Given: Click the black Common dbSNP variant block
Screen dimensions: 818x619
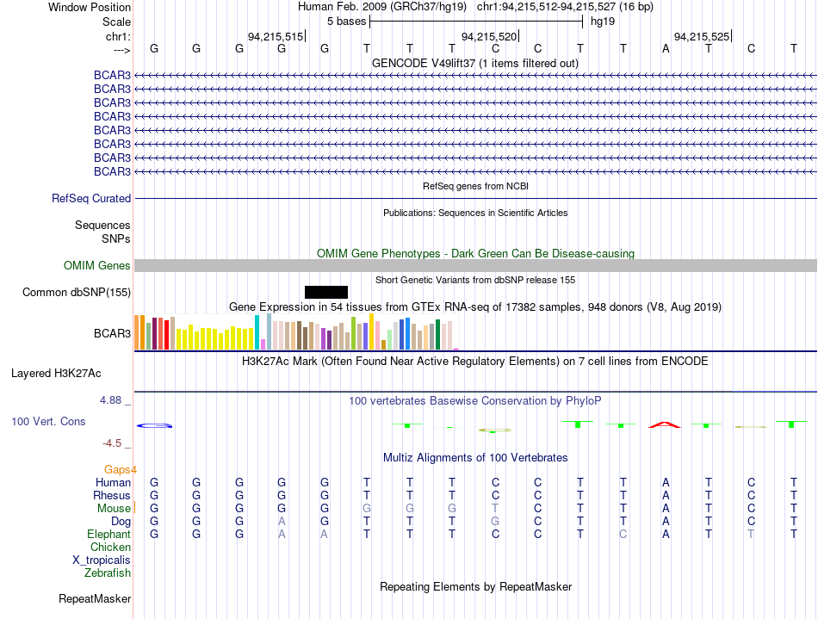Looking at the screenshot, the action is coord(326,292).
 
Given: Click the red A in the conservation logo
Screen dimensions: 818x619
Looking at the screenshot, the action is coord(665,425).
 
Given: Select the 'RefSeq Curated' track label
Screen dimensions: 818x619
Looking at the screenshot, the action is coord(91,199).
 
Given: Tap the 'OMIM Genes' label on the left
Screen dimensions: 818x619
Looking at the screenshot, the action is coord(97,265).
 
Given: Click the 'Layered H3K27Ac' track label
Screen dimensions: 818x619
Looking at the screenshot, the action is coord(56,374).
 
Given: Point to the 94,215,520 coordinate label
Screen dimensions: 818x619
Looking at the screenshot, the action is coord(489,36).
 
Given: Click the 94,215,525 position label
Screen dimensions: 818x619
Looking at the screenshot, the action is coord(702,36).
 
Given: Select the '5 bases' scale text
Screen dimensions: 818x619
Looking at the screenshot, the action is coord(347,22).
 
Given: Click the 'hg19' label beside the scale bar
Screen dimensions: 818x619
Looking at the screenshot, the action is coord(603,22).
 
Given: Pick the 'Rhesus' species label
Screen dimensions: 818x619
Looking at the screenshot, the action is coord(112,495).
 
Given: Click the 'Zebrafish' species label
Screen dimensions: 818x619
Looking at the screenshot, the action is coord(108,573).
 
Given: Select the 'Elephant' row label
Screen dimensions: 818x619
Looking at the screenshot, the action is coord(108,534).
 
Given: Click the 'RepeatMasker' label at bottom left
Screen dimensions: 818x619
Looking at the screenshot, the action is coord(95,598).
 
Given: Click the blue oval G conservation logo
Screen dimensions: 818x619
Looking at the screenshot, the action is coord(154,426).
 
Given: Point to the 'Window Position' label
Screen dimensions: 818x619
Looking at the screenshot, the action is coord(90,7).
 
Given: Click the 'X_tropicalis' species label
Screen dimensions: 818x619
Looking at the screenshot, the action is coord(102,560).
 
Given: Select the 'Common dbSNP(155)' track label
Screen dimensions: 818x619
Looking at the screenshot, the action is coord(76,292).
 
